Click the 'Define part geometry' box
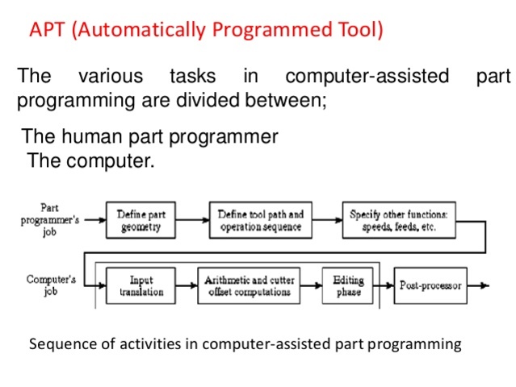(141, 221)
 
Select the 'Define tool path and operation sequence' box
(261, 221)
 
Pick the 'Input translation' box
(141, 286)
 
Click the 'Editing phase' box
(348, 286)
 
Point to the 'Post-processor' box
(430, 286)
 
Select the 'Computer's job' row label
(50, 286)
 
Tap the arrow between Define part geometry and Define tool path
(193, 219)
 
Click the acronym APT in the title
(46, 31)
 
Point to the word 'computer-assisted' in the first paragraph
(367, 77)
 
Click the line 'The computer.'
(90, 160)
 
